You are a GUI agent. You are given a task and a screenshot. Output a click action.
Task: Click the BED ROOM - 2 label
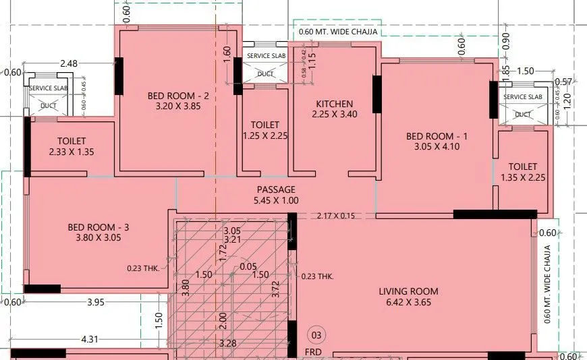pos(178,96)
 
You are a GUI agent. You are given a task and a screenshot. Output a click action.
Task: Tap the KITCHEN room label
pos(335,104)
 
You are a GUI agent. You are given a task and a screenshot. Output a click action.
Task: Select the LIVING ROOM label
pos(408,291)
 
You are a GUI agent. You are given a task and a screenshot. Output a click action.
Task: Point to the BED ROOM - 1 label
pos(437,136)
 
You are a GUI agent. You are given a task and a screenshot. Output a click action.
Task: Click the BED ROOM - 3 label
pos(99,227)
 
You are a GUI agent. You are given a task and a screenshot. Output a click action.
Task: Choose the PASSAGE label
pos(276,190)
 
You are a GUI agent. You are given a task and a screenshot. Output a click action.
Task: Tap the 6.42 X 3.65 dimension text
pos(408,303)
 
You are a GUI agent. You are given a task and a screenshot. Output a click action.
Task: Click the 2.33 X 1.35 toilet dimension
pos(72,152)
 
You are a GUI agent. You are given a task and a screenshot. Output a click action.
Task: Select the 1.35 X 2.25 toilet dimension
pos(523,177)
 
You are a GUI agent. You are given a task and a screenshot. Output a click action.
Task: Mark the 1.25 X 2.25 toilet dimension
pos(264,136)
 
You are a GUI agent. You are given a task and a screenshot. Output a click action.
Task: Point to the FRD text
pos(313,352)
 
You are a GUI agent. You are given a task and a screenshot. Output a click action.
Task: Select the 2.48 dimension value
pos(69,64)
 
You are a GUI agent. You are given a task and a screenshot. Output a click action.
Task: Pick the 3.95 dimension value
pos(96,302)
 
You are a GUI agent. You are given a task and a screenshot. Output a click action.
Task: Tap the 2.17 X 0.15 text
pos(335,216)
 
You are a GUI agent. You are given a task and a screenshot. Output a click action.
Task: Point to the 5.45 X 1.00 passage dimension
pos(276,201)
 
